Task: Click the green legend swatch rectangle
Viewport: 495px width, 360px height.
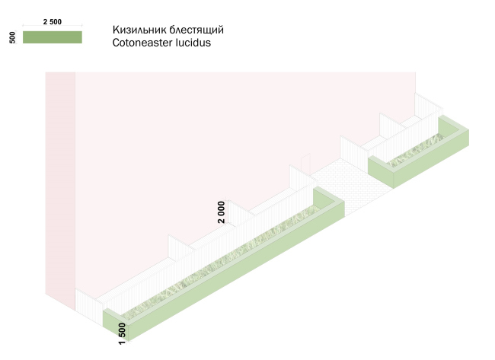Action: click(x=53, y=37)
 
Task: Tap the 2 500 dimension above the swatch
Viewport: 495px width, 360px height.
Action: click(x=53, y=22)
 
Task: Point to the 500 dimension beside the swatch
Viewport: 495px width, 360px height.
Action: click(x=13, y=37)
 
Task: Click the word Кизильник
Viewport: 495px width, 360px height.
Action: click(x=139, y=30)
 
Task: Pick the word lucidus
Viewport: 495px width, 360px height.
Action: click(x=195, y=43)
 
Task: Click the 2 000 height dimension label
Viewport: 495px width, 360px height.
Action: click(x=221, y=211)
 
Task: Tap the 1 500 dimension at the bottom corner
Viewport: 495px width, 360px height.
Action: click(x=121, y=333)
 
